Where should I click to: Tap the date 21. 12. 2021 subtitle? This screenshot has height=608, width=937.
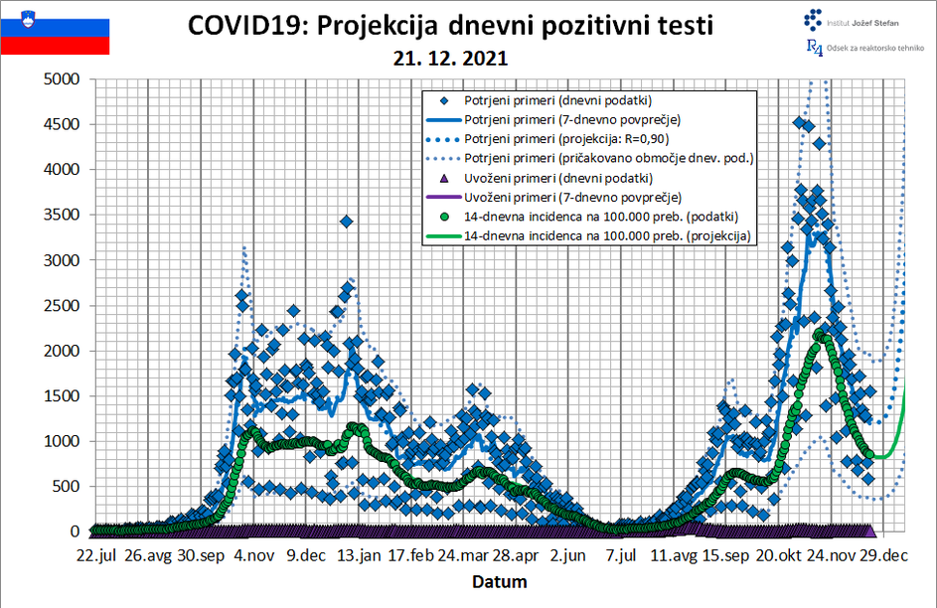click(x=451, y=59)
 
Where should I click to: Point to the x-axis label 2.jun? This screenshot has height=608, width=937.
click(x=570, y=554)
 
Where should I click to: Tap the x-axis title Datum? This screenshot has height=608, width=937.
click(x=499, y=581)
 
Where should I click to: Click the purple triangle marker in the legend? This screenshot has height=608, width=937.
click(x=444, y=178)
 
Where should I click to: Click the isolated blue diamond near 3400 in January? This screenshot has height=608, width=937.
click(x=346, y=221)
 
